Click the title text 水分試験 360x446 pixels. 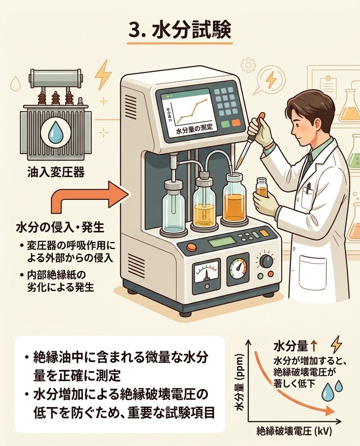[x=193, y=29]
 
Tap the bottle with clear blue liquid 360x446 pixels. [x=173, y=206]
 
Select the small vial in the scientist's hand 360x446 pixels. [x=262, y=189]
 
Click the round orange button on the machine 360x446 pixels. [x=191, y=247]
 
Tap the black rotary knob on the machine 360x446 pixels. [x=266, y=261]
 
